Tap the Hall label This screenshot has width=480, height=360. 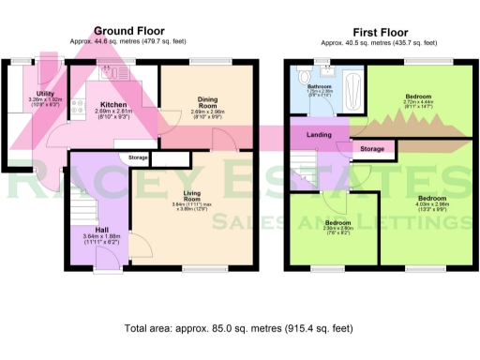click(97, 229)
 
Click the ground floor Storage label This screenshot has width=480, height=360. click(139, 157)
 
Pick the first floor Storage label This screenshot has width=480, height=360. click(372, 149)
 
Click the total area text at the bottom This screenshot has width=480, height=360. click(239, 329)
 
